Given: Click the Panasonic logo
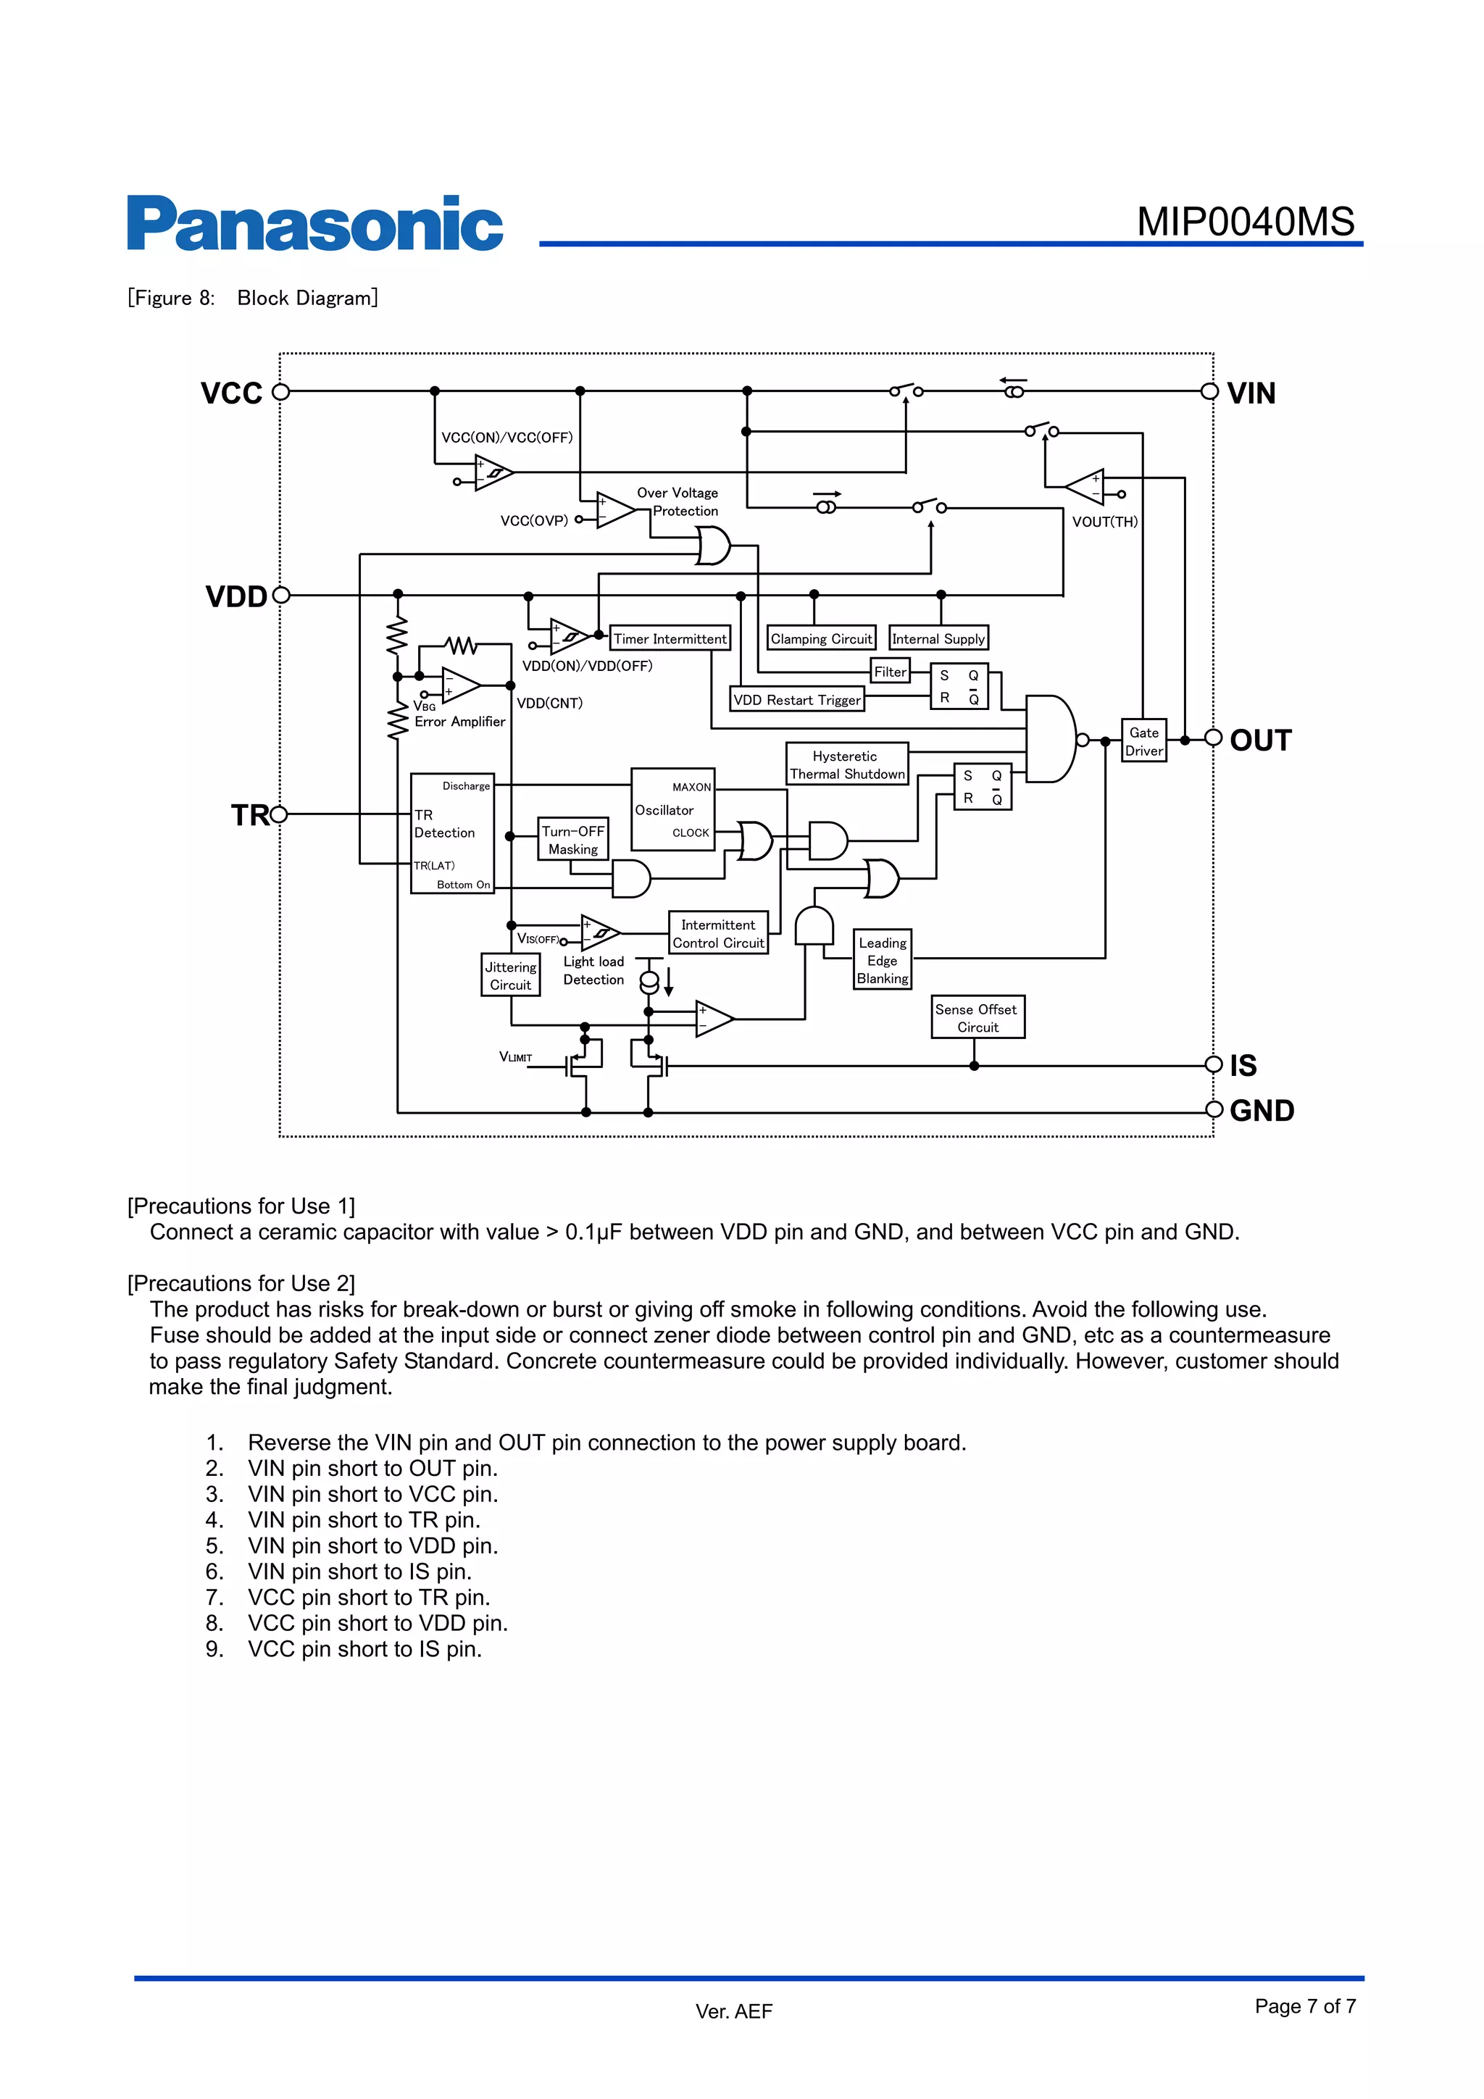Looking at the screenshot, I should pyautogui.click(x=314, y=223).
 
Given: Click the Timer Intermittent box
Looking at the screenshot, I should pyautogui.click(x=670, y=638).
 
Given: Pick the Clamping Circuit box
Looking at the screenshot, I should pyautogui.click(x=820, y=638).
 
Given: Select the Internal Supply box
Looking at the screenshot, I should pyautogui.click(x=938, y=638).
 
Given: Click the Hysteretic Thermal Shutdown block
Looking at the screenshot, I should pyautogui.click(x=846, y=764).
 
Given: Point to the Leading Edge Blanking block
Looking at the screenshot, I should pyautogui.click(x=883, y=960).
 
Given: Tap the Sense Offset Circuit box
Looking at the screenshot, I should pyautogui.click(x=977, y=1017).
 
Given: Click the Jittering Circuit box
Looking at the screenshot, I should pyautogui.click(x=510, y=975).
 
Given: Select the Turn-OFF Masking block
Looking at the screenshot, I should pyautogui.click(x=572, y=839).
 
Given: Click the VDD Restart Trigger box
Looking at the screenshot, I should pyautogui.click(x=796, y=699).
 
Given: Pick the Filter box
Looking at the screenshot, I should pyautogui.click(x=890, y=671).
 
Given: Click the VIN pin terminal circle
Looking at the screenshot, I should pyautogui.click(x=1209, y=392).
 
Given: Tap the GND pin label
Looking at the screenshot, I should pyautogui.click(x=1261, y=1111).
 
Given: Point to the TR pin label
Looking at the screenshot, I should pyautogui.click(x=249, y=814).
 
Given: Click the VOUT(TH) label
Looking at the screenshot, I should pyautogui.click(x=1104, y=521).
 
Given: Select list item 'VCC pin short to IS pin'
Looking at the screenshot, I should pyautogui.click(x=364, y=1648).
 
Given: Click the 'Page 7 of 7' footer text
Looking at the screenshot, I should pyautogui.click(x=1305, y=2006).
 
